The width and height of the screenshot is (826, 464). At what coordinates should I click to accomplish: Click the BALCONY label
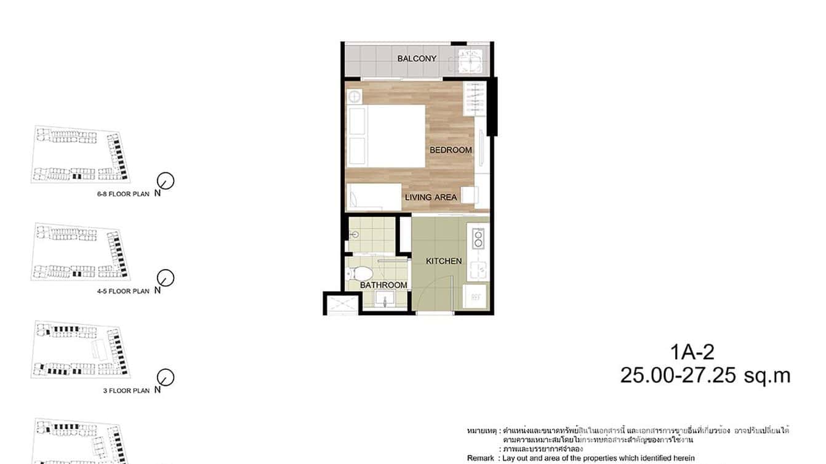[x=417, y=58]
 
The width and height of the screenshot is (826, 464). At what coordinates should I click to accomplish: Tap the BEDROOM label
[x=451, y=150]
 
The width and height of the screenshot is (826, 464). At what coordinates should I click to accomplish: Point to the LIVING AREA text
[x=431, y=197]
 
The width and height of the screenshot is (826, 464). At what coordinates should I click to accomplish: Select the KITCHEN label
[x=444, y=261]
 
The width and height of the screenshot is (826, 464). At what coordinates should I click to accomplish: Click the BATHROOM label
[x=383, y=285]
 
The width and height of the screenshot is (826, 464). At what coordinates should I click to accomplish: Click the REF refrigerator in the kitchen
[x=476, y=297]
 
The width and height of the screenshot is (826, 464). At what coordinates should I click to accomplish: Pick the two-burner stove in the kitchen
[x=478, y=238]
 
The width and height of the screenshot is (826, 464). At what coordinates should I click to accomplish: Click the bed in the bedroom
[x=386, y=135]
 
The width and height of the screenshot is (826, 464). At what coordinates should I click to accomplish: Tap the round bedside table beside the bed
[x=354, y=96]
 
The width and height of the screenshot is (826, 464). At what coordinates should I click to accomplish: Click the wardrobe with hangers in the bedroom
[x=475, y=98]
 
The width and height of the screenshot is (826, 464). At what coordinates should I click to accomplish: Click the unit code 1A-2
[x=692, y=352]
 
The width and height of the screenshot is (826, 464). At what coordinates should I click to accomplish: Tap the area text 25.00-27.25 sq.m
[x=705, y=375]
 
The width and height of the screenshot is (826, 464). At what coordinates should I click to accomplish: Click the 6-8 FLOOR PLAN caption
[x=123, y=194]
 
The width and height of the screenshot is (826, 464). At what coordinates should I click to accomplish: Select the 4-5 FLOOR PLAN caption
[x=123, y=291]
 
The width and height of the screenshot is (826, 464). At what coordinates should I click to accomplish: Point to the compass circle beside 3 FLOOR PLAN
[x=166, y=377]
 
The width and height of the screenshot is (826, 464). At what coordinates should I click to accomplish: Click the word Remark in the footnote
[x=481, y=458]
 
